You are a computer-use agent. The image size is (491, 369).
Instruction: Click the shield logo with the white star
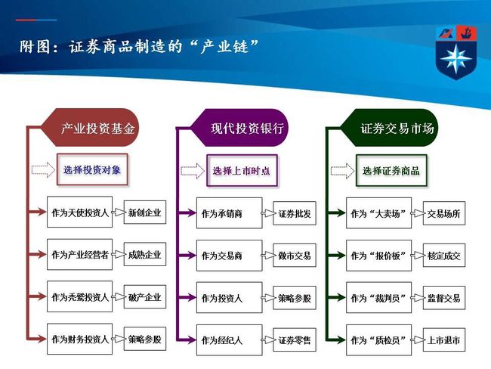tap(456, 53)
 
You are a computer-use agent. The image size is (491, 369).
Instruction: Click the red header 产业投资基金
tap(91, 128)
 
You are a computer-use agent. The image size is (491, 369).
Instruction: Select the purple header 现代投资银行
tap(239, 128)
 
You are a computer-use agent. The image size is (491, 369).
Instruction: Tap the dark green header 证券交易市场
tap(389, 128)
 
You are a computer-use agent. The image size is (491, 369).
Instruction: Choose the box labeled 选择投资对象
tap(92, 169)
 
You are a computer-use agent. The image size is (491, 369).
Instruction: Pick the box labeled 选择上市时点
tap(242, 171)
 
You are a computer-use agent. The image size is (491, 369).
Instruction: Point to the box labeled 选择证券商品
tap(391, 171)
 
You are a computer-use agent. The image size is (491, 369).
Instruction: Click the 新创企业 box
tap(145, 212)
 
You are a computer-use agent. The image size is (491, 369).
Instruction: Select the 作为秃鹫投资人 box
tap(79, 296)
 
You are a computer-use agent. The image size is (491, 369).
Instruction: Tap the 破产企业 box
tap(145, 297)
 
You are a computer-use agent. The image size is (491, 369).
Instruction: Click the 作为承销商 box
tap(229, 213)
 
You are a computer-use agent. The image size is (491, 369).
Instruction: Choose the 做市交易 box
tap(295, 256)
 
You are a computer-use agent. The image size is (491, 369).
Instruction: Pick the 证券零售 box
tap(295, 340)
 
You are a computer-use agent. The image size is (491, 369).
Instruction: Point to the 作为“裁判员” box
tap(378, 297)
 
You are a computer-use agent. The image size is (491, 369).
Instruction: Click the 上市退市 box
tap(444, 340)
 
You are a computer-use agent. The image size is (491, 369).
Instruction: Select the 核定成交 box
tap(444, 256)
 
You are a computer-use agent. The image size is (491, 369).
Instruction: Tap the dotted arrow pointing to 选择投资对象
tap(43, 169)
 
